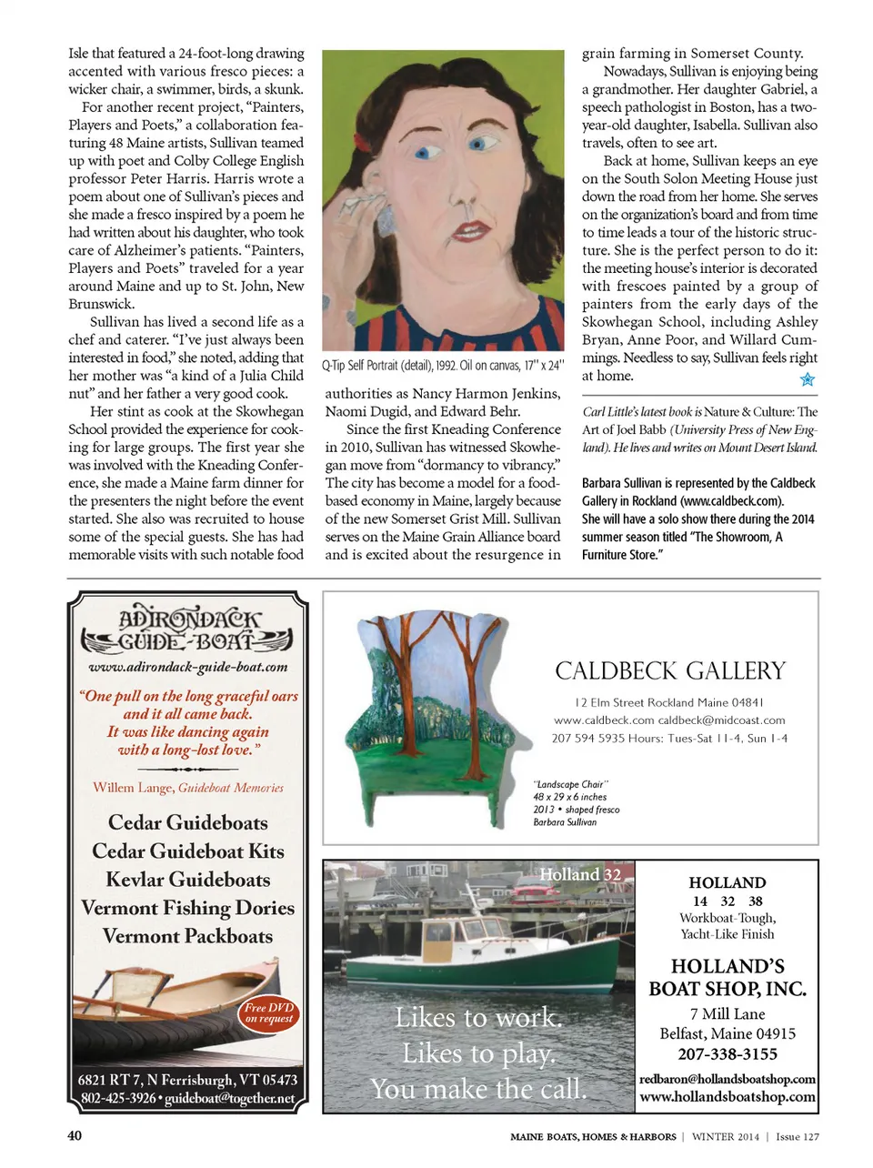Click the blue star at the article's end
pos(807,379)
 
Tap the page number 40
pos(75,1135)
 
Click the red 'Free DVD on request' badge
pos(269,1013)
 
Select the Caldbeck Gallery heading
pos(670,671)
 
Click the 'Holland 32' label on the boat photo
pos(580,874)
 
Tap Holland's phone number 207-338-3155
pos(727,1054)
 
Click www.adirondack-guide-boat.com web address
pos(188,667)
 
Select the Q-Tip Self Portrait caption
pos(443,366)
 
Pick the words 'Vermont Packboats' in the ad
pos(187,936)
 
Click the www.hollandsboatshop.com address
pos(727,1097)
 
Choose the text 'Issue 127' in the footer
pos(798,1136)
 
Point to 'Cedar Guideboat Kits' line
pos(188,851)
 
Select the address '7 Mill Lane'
pos(727,1014)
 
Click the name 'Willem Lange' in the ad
pos(133,788)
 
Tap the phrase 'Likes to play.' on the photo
pos(478,1053)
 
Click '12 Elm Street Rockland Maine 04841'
pos(669,702)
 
